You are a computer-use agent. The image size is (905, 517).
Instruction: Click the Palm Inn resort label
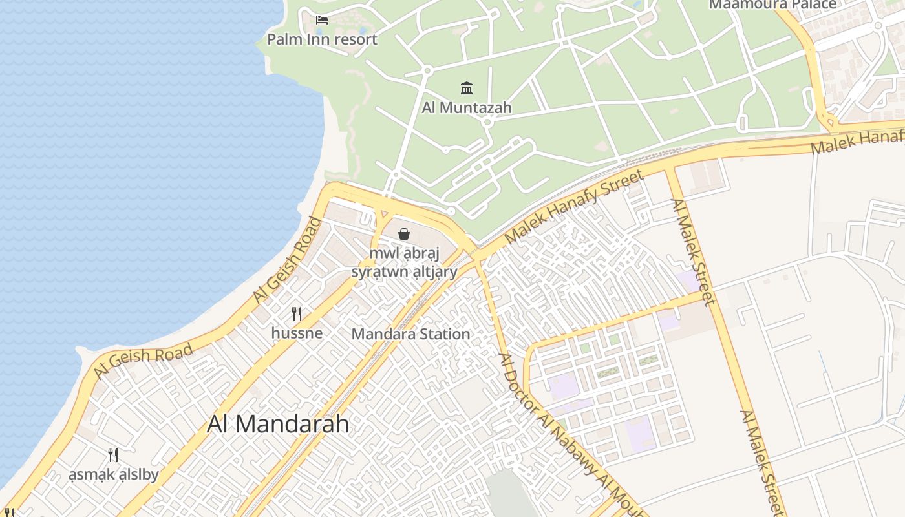tap(322, 39)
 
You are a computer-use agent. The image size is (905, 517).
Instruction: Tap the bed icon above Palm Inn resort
tap(322, 20)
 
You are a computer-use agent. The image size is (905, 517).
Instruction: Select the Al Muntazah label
tap(466, 108)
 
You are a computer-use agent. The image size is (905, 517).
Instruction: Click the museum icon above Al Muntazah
tap(466, 88)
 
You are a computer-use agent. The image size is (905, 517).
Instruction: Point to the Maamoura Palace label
tap(772, 5)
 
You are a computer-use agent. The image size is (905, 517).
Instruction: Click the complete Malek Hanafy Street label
tap(574, 206)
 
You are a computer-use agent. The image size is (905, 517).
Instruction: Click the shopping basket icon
tap(404, 234)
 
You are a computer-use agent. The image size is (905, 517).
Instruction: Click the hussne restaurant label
tap(297, 333)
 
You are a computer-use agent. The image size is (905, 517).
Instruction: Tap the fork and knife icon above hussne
tap(297, 314)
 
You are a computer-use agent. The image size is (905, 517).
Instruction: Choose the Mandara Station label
tap(410, 334)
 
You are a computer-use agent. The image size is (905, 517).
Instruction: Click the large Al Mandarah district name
tap(278, 424)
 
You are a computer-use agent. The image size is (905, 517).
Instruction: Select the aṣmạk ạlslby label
tap(114, 475)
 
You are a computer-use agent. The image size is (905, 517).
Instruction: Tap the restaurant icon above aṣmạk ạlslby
tap(113, 455)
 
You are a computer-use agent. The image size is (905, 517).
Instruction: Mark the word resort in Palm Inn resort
tap(353, 39)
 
